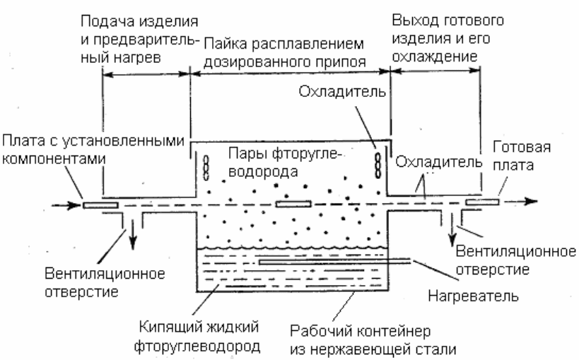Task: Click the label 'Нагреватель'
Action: tap(473, 296)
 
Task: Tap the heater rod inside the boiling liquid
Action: tap(334, 262)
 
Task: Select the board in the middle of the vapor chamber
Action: tap(293, 204)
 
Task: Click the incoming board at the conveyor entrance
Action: tap(100, 205)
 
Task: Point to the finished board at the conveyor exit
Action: tap(482, 202)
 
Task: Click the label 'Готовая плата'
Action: tap(522, 156)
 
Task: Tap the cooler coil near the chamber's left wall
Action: tap(206, 168)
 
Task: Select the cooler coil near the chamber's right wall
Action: tap(378, 166)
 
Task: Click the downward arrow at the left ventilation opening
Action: tap(133, 234)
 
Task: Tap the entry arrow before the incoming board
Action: tap(66, 205)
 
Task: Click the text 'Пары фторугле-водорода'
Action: tap(283, 162)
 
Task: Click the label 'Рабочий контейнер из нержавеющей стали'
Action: tap(373, 339)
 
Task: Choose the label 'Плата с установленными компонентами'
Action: tap(93, 150)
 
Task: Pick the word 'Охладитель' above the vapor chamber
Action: tap(342, 91)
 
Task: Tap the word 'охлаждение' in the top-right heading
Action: tap(435, 57)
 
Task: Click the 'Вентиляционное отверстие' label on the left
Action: tap(105, 283)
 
